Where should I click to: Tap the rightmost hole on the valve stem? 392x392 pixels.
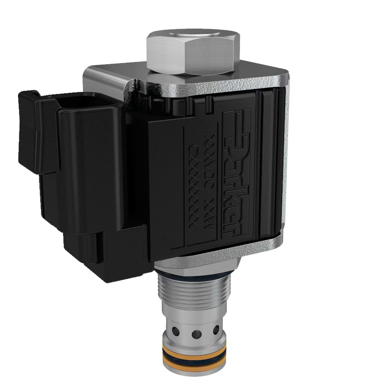[x=216, y=330]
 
